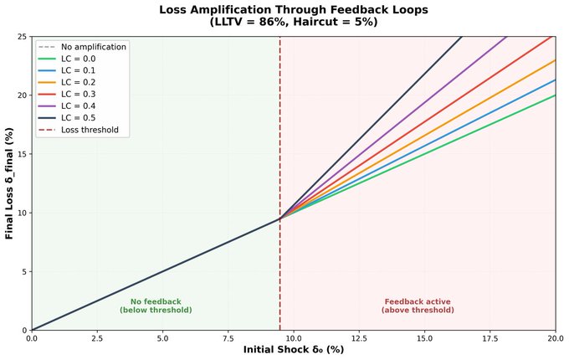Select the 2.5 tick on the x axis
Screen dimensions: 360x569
[97, 338]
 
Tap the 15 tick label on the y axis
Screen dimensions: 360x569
[22, 153]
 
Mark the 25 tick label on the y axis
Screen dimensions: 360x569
[22, 36]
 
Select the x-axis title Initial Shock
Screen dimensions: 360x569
[294, 350]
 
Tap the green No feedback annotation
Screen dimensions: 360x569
[156, 306]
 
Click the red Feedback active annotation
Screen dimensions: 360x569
[418, 306]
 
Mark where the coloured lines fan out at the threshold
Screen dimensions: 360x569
[280, 219]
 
